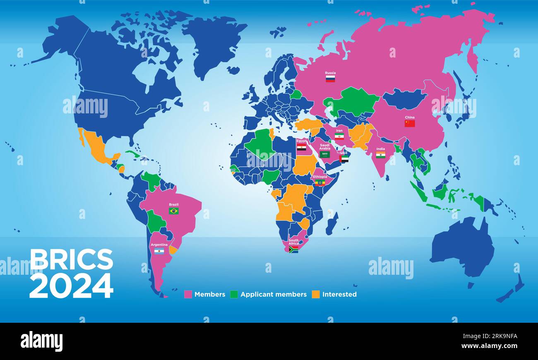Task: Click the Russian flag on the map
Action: tap(330, 79)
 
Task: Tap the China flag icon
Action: tap(409, 123)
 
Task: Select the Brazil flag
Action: tap(174, 211)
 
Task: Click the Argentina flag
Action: tap(159, 251)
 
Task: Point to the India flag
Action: tap(380, 155)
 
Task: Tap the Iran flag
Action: tap(339, 136)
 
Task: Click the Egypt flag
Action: tap(301, 147)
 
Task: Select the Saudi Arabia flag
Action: tap(325, 154)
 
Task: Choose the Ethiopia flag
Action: tap(320, 182)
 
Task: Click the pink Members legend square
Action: tap(188, 295)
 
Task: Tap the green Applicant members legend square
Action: tap(234, 295)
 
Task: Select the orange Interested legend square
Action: tap(316, 295)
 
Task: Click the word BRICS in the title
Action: tap(71, 260)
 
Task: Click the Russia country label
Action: tap(330, 73)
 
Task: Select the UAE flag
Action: tap(343, 158)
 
